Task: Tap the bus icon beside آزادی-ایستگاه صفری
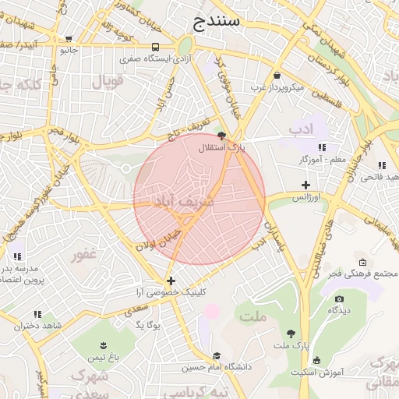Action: [156, 47]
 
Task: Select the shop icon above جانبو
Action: [69, 38]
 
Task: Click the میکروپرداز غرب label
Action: [277, 87]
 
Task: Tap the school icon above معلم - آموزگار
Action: [322, 147]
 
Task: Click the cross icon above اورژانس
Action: [305, 185]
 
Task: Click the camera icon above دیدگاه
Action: [338, 298]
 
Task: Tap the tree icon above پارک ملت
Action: [291, 332]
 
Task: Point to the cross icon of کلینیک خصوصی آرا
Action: [171, 281]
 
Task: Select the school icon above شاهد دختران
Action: [37, 314]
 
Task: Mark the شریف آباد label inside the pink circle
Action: [166, 200]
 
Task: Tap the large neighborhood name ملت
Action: [253, 316]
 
